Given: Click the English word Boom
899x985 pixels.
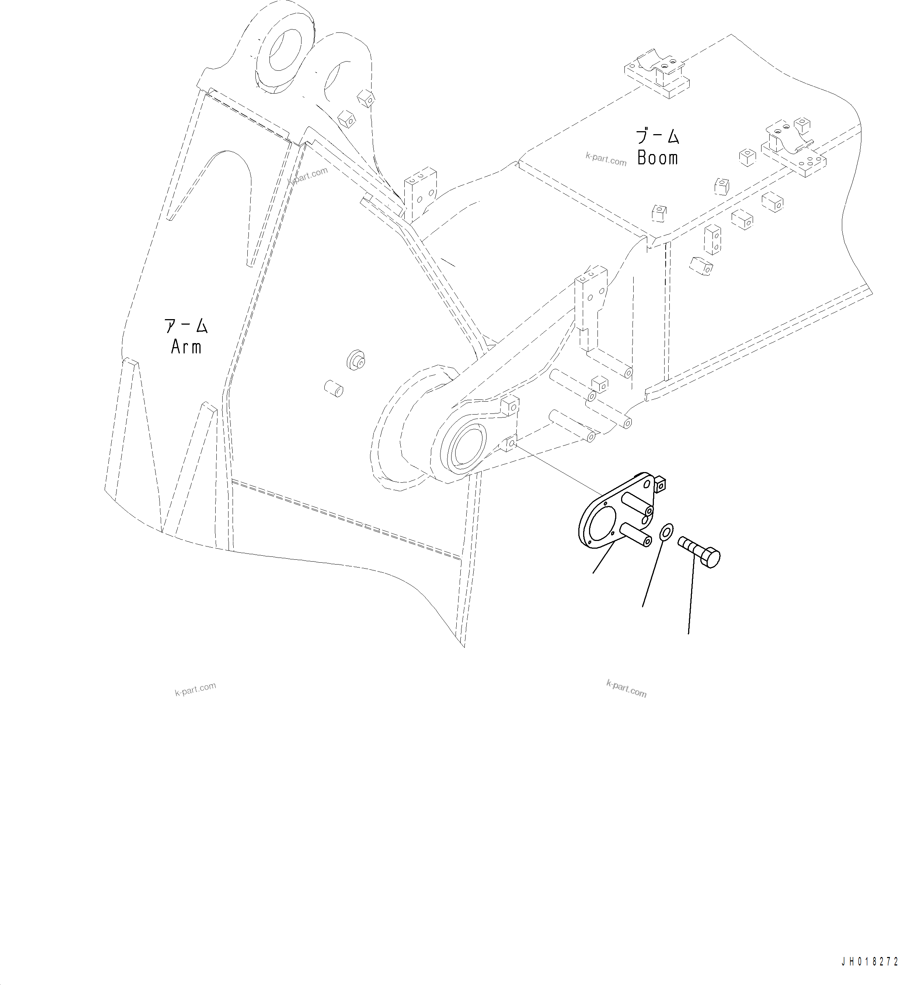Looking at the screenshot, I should pyautogui.click(x=657, y=158).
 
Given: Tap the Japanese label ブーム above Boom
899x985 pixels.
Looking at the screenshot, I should pyautogui.click(x=657, y=136).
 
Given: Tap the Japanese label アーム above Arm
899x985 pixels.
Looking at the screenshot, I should pyautogui.click(x=186, y=326).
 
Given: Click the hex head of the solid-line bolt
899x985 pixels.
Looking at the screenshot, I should pyautogui.click(x=711, y=558).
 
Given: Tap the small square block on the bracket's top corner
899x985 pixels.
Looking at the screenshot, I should pyautogui.click(x=661, y=484).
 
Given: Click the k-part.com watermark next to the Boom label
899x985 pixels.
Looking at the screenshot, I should pyautogui.click(x=606, y=159).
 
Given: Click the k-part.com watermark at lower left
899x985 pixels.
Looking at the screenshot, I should pyautogui.click(x=195, y=689).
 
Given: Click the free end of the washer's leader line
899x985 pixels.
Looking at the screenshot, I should pyautogui.click(x=642, y=607).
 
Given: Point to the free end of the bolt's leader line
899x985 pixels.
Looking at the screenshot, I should pyautogui.click(x=689, y=634).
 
